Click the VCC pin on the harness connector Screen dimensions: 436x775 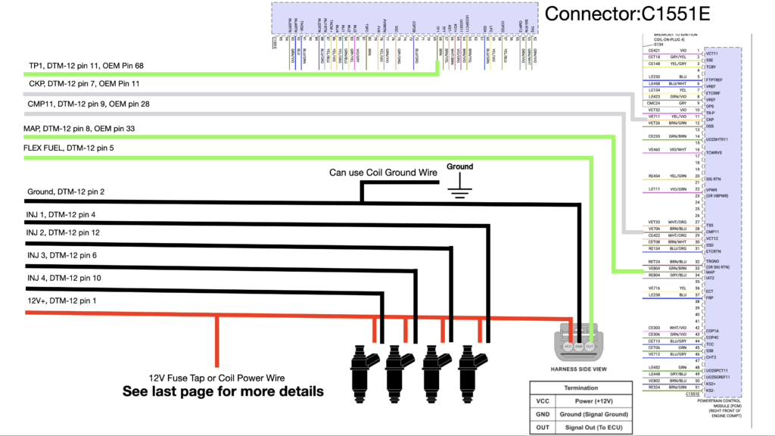pyautogui.click(x=568, y=346)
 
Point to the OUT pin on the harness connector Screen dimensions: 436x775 pyautogui.click(x=590, y=346)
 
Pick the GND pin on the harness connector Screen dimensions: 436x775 pyautogui.click(x=579, y=346)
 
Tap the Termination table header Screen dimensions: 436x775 pyautogui.click(x=575, y=388)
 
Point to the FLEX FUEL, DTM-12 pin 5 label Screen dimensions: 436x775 pyautogui.click(x=70, y=149)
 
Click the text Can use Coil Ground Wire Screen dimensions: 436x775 pyautogui.click(x=383, y=173)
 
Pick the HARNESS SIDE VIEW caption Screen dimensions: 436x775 pyautogui.click(x=580, y=369)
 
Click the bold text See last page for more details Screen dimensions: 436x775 pyautogui.click(x=223, y=391)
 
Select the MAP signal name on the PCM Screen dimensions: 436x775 pyautogui.click(x=710, y=272)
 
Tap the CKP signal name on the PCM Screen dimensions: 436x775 pyautogui.click(x=710, y=120)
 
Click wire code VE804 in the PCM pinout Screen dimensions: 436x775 pyautogui.click(x=655, y=267)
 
